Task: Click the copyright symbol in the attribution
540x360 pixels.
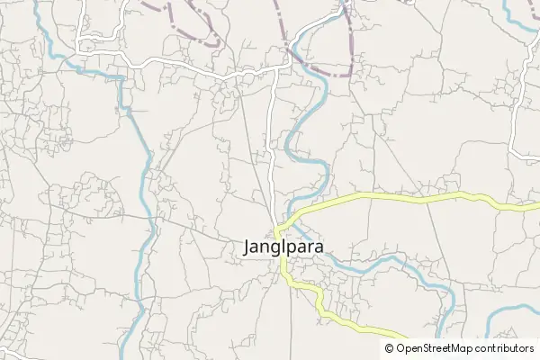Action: [x=390, y=348]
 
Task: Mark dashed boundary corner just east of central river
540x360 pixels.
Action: [x=349, y=72]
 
